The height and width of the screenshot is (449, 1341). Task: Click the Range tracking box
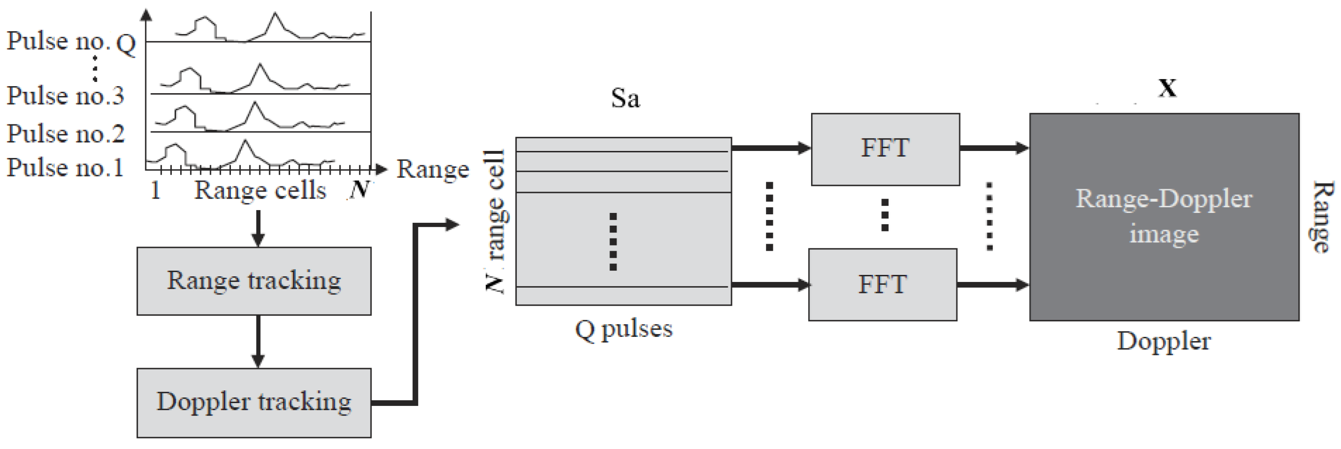click(254, 281)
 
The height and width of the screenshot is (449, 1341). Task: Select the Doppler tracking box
click(254, 402)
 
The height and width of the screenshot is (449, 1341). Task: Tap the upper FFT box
click(885, 149)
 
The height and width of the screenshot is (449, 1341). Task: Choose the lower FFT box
click(882, 285)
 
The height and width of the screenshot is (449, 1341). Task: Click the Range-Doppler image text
click(1164, 216)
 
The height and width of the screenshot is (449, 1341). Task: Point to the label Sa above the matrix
click(625, 98)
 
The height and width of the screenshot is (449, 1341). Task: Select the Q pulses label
click(624, 329)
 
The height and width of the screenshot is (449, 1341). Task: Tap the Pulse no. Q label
click(71, 42)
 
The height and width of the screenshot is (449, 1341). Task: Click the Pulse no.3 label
click(65, 96)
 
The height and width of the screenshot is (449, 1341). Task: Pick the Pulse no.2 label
click(65, 134)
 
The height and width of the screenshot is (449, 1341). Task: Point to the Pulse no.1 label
click(65, 167)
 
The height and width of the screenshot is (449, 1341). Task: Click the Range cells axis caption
click(260, 190)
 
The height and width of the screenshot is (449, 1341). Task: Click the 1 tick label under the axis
click(155, 190)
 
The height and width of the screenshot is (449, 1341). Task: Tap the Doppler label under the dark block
click(1164, 341)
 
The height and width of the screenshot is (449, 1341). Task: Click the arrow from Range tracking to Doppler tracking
click(258, 341)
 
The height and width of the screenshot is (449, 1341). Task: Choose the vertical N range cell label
click(494, 221)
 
